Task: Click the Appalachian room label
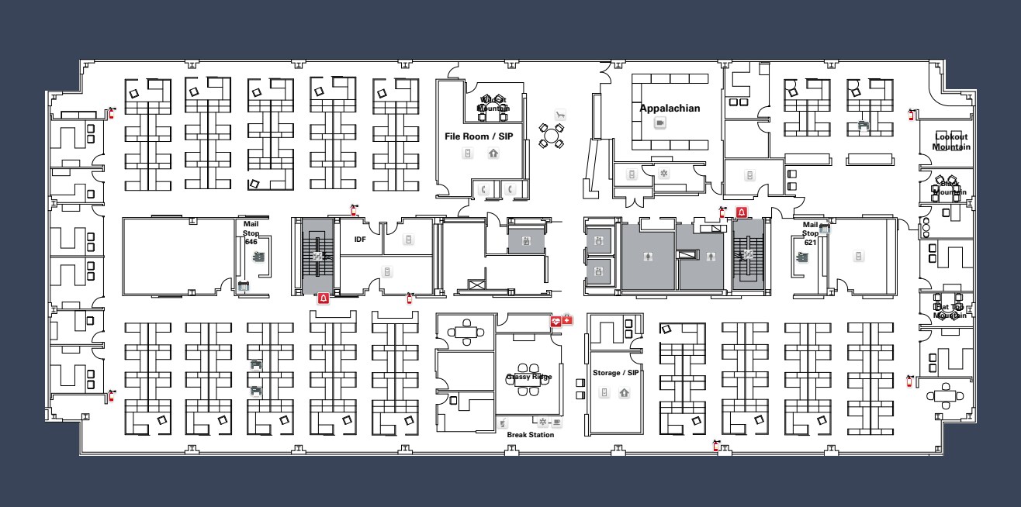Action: [670, 109]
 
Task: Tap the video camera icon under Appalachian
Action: [660, 123]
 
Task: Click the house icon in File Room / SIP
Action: [493, 153]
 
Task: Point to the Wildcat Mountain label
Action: [493, 104]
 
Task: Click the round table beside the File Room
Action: [552, 136]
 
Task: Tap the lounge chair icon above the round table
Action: [560, 115]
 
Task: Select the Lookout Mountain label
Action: [950, 142]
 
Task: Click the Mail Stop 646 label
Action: [251, 233]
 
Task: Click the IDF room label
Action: [360, 240]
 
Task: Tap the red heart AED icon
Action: [555, 320]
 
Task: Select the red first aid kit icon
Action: [567, 319]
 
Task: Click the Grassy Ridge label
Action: [529, 377]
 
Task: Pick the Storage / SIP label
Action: [615, 373]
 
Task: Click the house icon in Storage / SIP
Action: [625, 393]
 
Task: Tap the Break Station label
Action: [531, 435]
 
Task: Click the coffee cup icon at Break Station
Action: [557, 422]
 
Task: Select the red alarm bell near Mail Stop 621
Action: [742, 212]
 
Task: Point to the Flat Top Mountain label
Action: [950, 311]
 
